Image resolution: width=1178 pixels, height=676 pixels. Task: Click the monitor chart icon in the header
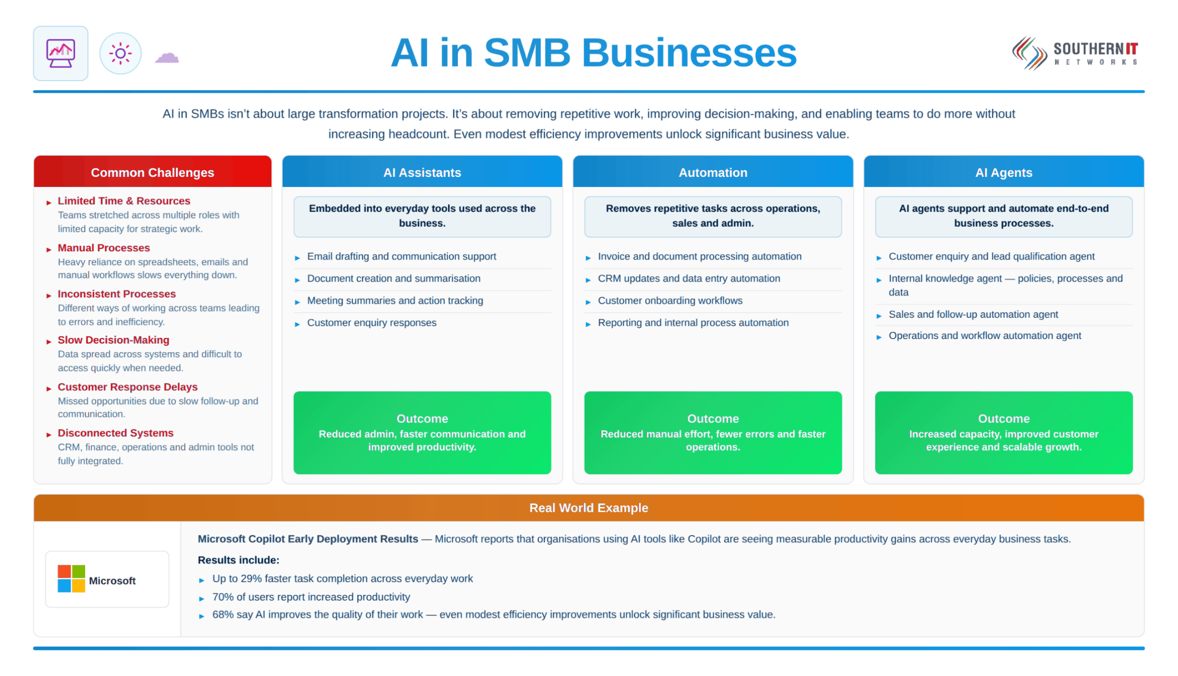[60, 53]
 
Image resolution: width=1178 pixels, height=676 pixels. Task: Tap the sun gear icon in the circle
[120, 53]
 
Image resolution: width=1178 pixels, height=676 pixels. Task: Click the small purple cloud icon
[167, 57]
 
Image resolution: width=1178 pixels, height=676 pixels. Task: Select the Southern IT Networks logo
[1075, 53]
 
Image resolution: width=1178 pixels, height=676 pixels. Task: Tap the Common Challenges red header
[153, 172]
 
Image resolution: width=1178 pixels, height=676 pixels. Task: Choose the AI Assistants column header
[422, 172]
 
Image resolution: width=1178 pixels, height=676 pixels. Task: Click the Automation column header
[713, 172]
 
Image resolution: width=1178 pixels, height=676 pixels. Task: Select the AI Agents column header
[1004, 172]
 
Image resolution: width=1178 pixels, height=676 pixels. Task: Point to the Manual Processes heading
[104, 248]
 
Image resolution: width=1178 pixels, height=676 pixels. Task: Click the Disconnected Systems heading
[115, 433]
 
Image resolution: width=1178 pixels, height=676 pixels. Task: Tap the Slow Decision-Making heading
[113, 340]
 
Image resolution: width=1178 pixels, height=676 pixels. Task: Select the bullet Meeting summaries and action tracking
[395, 301]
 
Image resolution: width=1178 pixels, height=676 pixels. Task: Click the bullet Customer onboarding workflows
[670, 301]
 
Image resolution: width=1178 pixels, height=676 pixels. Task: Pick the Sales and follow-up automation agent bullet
[973, 314]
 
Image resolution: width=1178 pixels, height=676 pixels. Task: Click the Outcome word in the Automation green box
[713, 419]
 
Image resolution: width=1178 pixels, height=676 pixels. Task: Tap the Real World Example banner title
[589, 508]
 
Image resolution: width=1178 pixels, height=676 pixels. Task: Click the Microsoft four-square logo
[71, 579]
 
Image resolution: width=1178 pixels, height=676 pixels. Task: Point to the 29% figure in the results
[251, 579]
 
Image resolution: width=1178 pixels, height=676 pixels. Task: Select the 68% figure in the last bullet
[223, 615]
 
